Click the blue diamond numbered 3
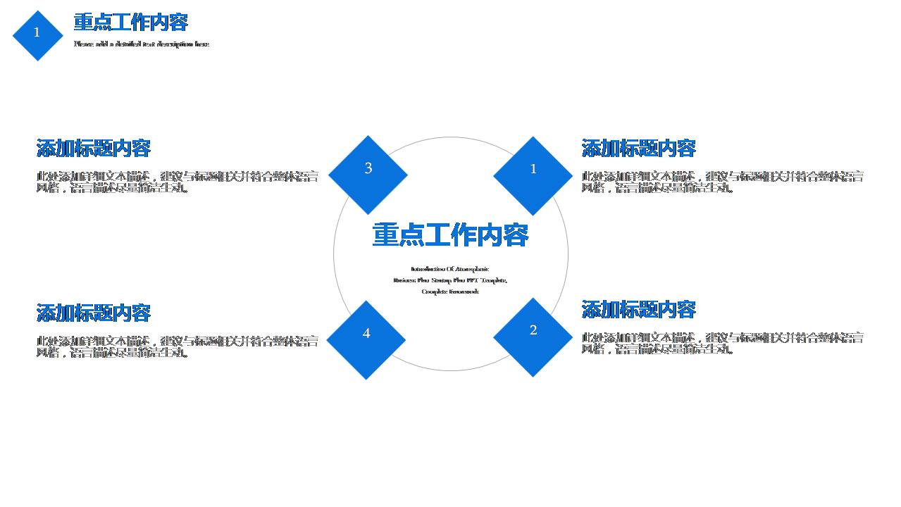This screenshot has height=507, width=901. pos(368,175)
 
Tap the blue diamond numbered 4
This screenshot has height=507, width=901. pos(366,340)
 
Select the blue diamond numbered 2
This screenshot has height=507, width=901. pos(533,337)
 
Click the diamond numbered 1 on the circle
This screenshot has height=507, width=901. pos(533,176)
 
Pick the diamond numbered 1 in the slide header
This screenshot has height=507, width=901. pos(37,35)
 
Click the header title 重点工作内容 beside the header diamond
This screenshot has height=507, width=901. pos(130,23)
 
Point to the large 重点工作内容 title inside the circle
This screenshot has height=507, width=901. pos(450,235)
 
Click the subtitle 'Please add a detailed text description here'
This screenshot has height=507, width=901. pos(142,44)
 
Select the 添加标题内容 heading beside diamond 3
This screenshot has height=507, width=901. pos(93,149)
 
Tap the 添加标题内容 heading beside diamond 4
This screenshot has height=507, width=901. pos(93,313)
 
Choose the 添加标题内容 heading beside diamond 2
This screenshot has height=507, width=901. pos(638,310)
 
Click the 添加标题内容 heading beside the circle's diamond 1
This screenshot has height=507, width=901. pos(638,149)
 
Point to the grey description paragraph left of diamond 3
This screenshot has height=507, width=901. pos(177,182)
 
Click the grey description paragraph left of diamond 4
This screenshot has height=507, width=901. pos(177,346)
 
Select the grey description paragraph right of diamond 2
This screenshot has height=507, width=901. pos(722,343)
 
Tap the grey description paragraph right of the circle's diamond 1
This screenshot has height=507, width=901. pos(722,182)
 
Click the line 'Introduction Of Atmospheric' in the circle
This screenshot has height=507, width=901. pos(450,269)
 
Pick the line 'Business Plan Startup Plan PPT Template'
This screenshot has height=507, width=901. pos(450,280)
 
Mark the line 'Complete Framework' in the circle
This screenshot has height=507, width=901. pos(450,292)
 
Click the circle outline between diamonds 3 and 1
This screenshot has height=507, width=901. pos(451,137)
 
